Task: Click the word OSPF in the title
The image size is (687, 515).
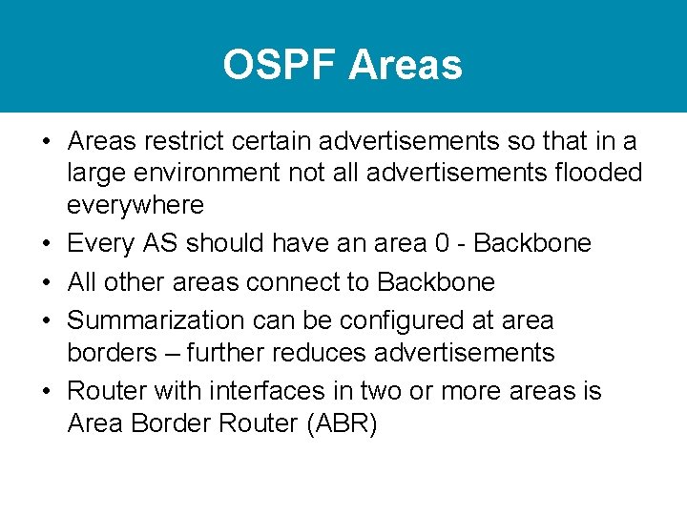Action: coord(281,66)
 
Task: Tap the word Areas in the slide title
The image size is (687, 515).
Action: coord(406,66)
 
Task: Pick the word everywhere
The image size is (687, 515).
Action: coord(135,205)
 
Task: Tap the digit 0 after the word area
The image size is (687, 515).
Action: coord(441,244)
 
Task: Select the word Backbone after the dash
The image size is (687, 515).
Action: coord(532,244)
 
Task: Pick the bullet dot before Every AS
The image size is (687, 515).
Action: coord(47,244)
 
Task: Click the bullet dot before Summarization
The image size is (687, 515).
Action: coord(47,321)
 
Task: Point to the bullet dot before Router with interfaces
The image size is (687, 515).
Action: coord(47,392)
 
